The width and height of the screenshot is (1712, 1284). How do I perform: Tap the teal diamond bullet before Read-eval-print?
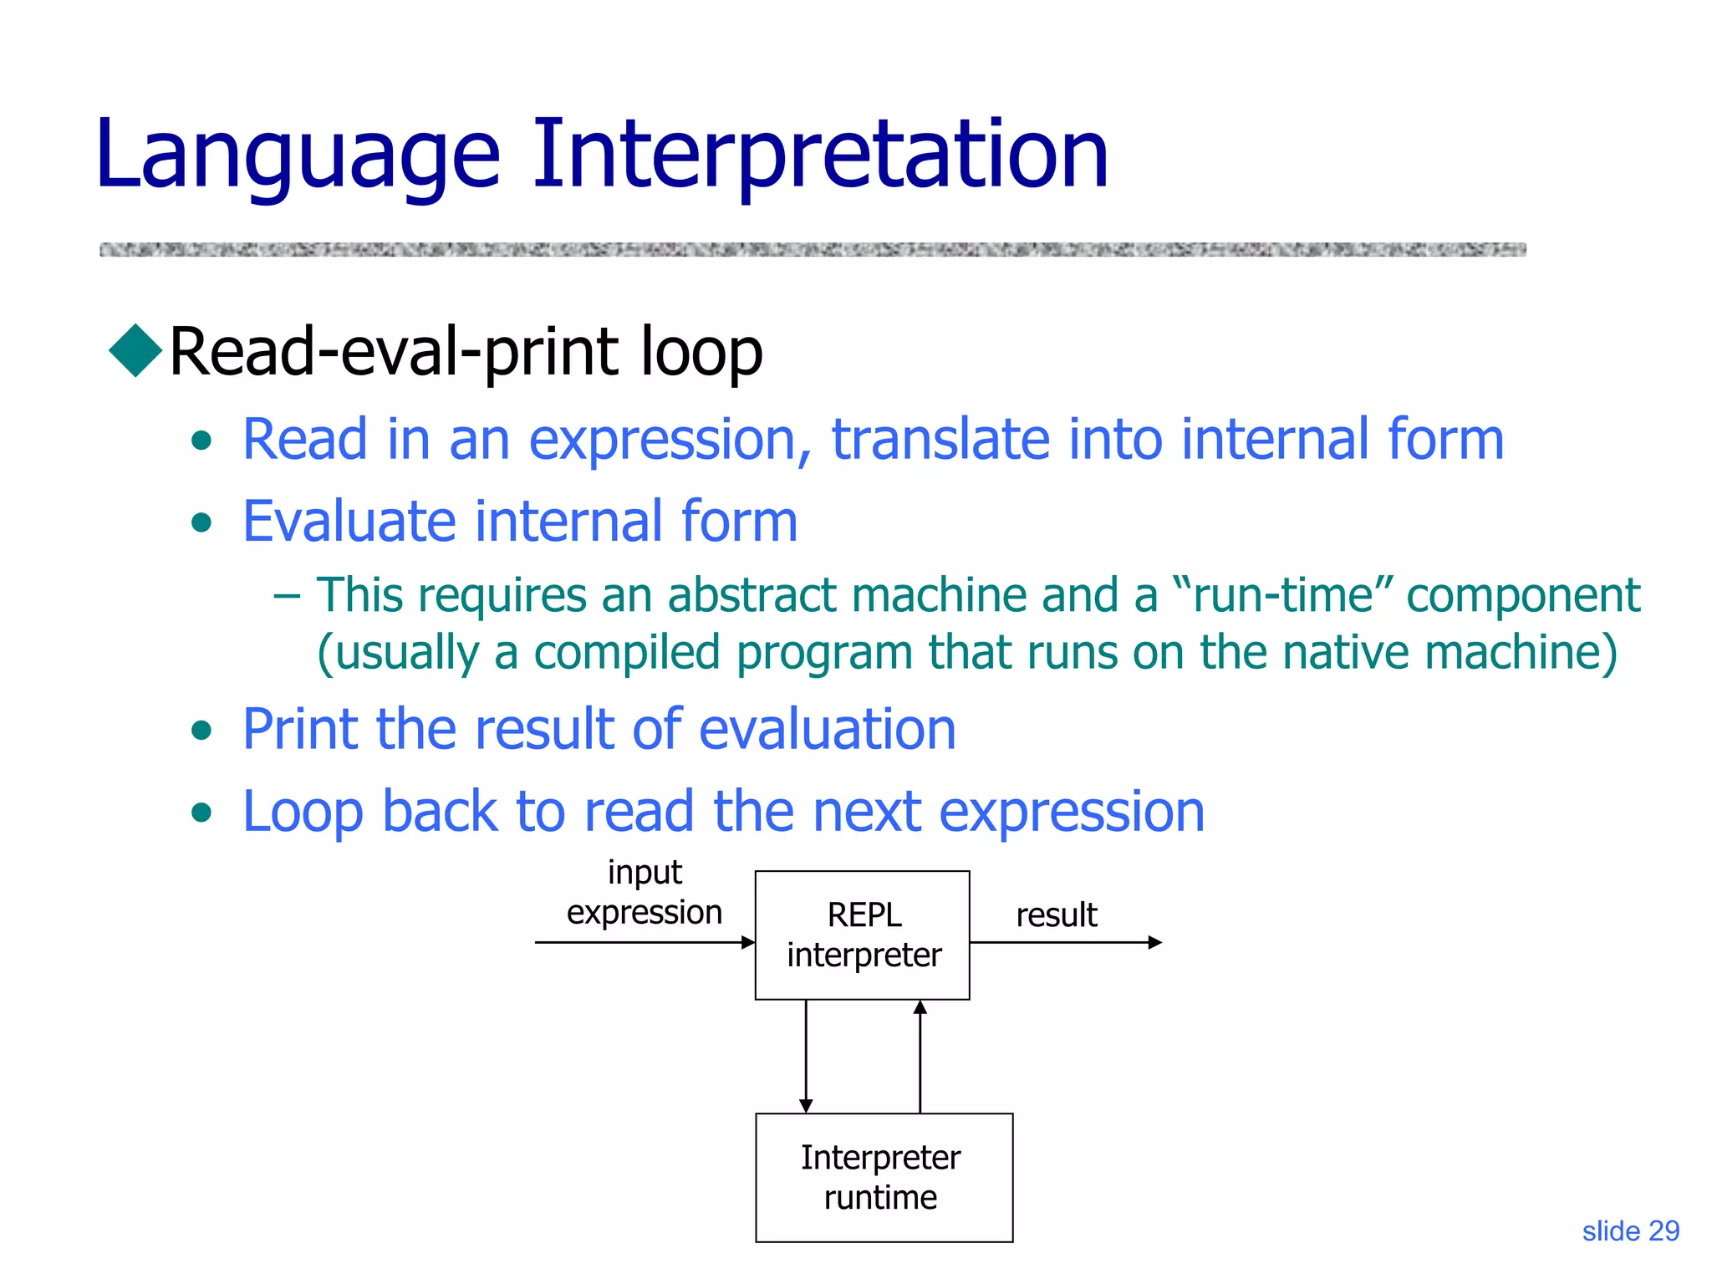coord(135,350)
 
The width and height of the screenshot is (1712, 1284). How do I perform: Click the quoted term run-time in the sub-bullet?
coord(1283,596)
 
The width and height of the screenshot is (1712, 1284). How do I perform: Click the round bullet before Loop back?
coord(201,813)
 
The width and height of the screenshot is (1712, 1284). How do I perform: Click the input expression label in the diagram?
coord(645,893)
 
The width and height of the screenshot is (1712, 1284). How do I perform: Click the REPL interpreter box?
coord(863,935)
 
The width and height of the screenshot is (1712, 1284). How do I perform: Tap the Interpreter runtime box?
coord(884,1177)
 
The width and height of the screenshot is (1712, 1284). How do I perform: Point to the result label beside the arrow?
coord(1056,915)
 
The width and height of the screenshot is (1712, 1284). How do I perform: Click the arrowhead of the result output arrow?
coord(1155,943)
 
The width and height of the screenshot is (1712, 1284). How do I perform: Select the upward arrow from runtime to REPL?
coord(920,1057)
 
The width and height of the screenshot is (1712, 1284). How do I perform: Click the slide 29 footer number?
coord(1630,1231)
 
